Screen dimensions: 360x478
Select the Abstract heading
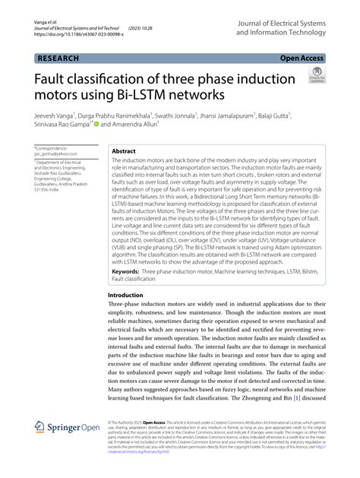tap(124, 151)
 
